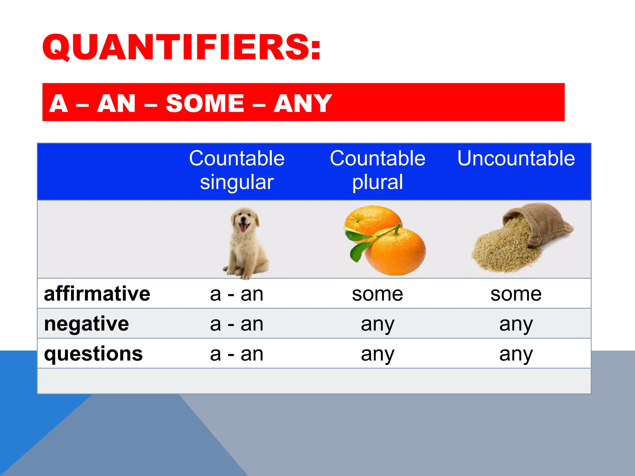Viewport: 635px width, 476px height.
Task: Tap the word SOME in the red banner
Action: (205, 103)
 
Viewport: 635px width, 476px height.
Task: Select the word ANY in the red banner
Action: (303, 103)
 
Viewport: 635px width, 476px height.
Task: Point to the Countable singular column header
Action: (237, 170)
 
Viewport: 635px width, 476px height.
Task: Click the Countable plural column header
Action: (377, 170)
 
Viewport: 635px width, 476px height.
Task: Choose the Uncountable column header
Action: (516, 158)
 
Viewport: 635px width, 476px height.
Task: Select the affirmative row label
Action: (97, 294)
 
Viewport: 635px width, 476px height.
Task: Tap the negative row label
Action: (87, 324)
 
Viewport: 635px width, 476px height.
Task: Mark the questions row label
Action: (93, 354)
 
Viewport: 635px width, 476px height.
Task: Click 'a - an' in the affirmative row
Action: (237, 294)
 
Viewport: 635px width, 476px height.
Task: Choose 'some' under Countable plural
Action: (377, 294)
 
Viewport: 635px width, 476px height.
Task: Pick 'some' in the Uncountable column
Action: (516, 294)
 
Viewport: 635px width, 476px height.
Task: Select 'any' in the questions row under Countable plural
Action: (377, 354)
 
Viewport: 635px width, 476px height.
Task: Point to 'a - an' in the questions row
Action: (237, 354)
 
